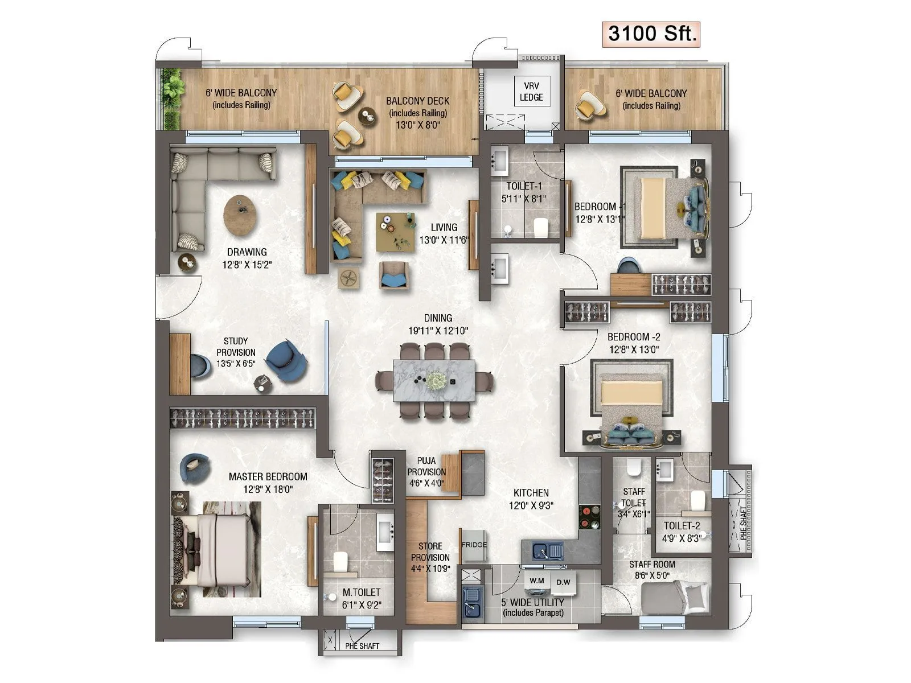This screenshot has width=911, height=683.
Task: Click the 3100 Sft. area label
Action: pyautogui.click(x=651, y=34)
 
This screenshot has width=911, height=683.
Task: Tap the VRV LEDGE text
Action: pyautogui.click(x=531, y=92)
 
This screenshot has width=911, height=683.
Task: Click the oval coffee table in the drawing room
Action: pyautogui.click(x=240, y=215)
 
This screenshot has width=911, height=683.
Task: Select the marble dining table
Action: pyautogui.click(x=434, y=380)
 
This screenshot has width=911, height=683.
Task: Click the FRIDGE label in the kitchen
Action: pyautogui.click(x=474, y=545)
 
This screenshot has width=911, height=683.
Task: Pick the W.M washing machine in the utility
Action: pyautogui.click(x=536, y=581)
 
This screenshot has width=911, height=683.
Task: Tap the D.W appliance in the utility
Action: pyautogui.click(x=563, y=582)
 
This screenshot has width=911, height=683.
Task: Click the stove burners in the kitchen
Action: pyautogui.click(x=589, y=517)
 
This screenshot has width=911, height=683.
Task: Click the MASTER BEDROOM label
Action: pyautogui.click(x=268, y=477)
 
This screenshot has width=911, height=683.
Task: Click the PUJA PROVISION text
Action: pyautogui.click(x=426, y=472)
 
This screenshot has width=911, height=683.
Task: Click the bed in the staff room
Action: pyautogui.click(x=675, y=598)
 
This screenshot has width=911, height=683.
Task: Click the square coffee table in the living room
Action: pyautogui.click(x=395, y=232)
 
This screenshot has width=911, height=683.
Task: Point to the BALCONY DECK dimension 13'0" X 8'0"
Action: pyautogui.click(x=418, y=125)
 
